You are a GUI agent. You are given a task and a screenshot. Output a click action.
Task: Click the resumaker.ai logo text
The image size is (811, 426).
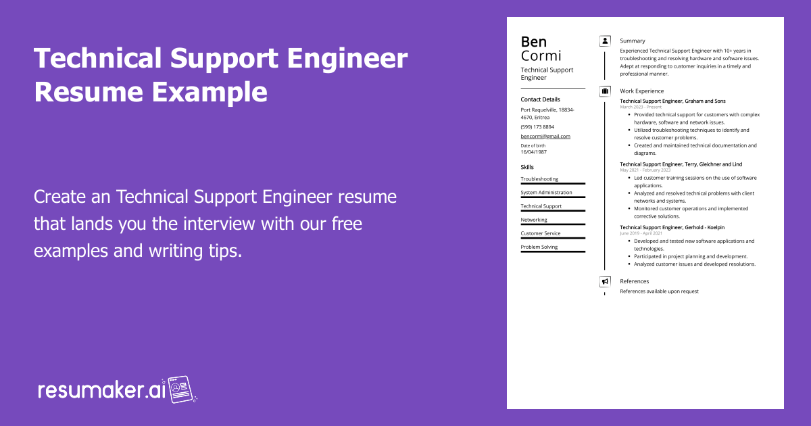pos(102,390)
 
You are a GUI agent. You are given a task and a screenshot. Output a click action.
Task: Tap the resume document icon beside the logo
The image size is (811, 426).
pos(181,389)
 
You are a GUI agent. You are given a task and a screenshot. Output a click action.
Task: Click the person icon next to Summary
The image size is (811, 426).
pos(605,41)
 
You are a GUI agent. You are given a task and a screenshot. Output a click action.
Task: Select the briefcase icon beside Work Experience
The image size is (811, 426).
pos(605,91)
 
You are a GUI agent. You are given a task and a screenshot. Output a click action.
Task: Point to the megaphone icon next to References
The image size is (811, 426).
pos(605,281)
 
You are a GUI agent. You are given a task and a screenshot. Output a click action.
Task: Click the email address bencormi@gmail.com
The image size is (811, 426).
pos(545,136)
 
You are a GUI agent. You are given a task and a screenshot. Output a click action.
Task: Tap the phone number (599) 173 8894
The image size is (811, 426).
pos(537,127)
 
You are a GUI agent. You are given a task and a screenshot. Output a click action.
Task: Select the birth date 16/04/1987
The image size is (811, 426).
pos(534,152)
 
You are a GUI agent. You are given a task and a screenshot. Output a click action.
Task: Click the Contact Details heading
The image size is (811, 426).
pos(540,99)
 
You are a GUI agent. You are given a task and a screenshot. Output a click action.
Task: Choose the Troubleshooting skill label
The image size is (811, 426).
pos(539,179)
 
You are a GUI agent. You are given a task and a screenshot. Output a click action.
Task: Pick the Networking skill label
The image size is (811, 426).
pos(534,220)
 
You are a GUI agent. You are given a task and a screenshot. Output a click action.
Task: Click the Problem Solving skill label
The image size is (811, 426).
pos(539,247)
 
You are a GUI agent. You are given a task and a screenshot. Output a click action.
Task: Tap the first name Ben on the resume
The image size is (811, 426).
pos(534,42)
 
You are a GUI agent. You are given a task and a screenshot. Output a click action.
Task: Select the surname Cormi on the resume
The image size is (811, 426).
pos(541,55)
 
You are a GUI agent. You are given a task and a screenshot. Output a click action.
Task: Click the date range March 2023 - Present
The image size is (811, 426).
pos(641,107)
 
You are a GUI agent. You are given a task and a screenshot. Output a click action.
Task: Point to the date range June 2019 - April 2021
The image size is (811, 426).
pos(641,233)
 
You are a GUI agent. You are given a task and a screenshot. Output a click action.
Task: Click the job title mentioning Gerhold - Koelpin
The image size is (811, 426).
pos(672,227)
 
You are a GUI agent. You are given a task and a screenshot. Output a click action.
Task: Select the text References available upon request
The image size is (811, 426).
pos(660,291)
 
